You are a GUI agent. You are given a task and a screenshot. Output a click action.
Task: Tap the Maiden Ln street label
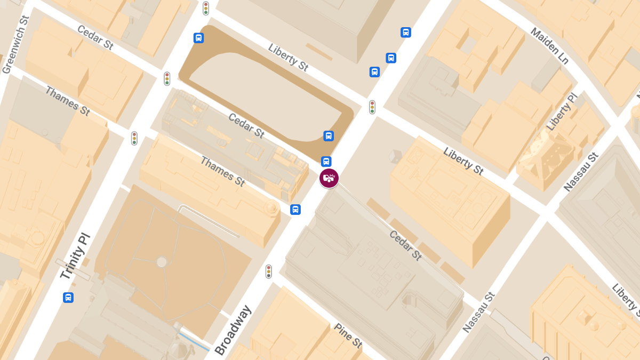(x=550, y=45)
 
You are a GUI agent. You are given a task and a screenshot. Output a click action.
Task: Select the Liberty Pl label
(x=562, y=113)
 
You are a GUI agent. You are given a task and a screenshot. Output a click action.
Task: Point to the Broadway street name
(x=233, y=330)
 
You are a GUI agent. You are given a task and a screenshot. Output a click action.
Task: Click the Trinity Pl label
(x=75, y=257)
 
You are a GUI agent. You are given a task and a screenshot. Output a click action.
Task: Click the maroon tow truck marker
(x=329, y=178)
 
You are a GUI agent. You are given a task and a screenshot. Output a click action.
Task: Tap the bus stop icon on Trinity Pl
(x=68, y=298)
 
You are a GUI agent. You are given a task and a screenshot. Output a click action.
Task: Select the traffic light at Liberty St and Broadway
(x=372, y=107)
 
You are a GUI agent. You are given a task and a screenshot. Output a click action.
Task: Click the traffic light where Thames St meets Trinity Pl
(x=134, y=139)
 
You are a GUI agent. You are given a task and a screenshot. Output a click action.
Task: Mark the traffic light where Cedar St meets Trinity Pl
(x=167, y=79)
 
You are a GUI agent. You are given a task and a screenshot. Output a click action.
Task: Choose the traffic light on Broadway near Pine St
(x=269, y=271)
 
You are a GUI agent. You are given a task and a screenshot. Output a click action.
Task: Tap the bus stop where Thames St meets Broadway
(x=295, y=210)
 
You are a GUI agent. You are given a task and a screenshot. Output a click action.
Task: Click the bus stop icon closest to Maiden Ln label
(x=406, y=33)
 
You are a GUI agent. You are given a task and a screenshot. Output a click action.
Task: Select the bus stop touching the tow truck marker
(x=326, y=162)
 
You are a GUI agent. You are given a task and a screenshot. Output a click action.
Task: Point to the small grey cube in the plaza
(x=395, y=156)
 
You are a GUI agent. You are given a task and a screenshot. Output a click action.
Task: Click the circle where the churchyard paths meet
(x=162, y=261)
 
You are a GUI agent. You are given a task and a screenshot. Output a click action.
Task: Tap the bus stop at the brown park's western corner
(x=198, y=38)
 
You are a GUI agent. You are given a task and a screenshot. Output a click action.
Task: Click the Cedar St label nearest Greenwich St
(x=95, y=37)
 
